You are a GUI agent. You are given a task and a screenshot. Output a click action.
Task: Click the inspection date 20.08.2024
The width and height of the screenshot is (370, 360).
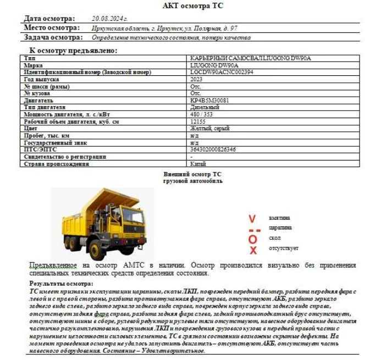(x=109, y=18)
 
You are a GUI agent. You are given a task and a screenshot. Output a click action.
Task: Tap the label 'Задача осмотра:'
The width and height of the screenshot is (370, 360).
(x=53, y=37)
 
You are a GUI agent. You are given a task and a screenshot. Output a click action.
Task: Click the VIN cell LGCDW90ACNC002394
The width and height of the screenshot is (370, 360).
(x=222, y=72)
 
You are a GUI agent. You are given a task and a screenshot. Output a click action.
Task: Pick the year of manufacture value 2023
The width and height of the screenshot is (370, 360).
(x=196, y=79)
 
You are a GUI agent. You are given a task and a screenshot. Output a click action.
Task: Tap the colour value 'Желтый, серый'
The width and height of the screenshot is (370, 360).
(x=209, y=129)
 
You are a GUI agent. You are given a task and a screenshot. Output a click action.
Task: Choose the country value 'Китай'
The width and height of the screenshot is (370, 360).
(x=198, y=164)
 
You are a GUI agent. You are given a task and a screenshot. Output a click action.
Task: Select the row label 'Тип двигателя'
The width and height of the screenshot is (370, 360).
(x=45, y=108)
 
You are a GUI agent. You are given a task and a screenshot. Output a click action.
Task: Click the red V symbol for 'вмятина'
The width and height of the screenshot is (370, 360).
(x=252, y=218)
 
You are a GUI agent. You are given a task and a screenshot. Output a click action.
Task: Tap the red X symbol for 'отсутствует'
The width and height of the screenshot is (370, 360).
(x=253, y=250)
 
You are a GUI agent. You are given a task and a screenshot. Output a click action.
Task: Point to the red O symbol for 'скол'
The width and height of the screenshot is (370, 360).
(x=253, y=239)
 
